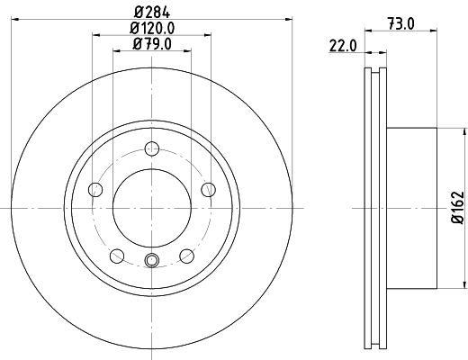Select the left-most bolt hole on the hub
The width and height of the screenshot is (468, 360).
96,190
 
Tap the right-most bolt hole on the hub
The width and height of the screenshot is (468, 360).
207,189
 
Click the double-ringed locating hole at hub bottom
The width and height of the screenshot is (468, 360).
151,261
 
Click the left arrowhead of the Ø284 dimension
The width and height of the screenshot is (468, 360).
15,18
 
